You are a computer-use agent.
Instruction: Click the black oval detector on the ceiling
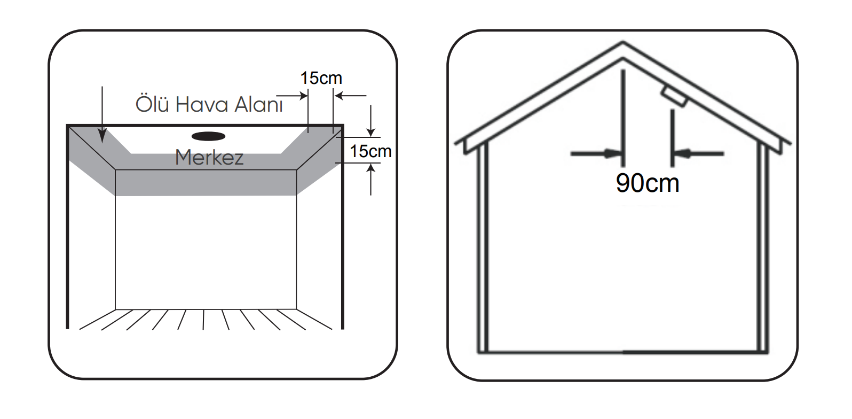(x=208, y=136)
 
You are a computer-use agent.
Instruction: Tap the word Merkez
(x=209, y=158)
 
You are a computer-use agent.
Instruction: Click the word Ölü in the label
(x=152, y=104)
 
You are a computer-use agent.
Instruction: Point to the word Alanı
(x=256, y=105)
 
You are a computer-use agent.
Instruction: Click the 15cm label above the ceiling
(x=321, y=78)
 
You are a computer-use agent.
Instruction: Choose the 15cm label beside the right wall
(x=370, y=151)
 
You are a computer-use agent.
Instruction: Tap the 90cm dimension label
(x=647, y=183)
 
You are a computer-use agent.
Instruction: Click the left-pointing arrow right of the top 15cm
(x=341, y=96)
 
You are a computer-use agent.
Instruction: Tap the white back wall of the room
(x=206, y=251)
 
